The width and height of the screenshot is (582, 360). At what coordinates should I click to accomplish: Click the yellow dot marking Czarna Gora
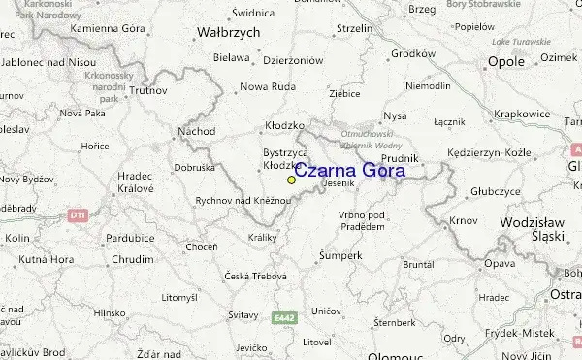[291, 180]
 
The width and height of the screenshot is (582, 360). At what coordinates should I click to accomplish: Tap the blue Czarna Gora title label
[349, 172]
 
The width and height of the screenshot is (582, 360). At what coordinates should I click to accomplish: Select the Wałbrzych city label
[229, 32]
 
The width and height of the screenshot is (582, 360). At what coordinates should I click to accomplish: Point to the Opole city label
[505, 61]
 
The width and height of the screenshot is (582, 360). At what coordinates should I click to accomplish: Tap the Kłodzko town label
[284, 126]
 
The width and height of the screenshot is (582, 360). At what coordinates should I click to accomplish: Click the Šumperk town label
[341, 255]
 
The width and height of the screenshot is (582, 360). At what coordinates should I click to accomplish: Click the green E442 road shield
[282, 317]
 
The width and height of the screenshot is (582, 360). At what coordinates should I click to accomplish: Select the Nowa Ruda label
[267, 86]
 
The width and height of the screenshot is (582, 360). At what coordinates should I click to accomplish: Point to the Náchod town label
[197, 130]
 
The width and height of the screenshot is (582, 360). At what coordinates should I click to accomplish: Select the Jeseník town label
[339, 184]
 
